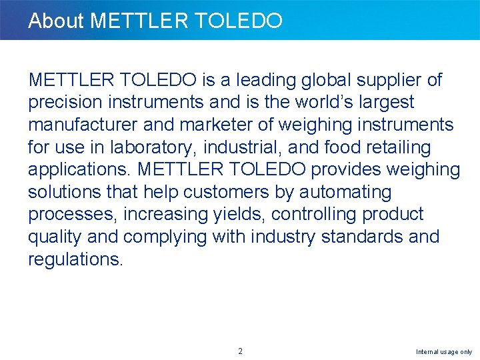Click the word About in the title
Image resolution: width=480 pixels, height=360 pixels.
point(56,21)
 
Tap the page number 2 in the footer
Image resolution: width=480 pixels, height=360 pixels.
point(240,351)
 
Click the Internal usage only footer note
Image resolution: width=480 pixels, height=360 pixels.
point(443,351)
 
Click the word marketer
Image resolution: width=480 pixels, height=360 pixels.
point(239,125)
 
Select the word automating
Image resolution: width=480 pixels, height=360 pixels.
point(345,193)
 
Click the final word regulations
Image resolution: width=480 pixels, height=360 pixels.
point(75,259)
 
